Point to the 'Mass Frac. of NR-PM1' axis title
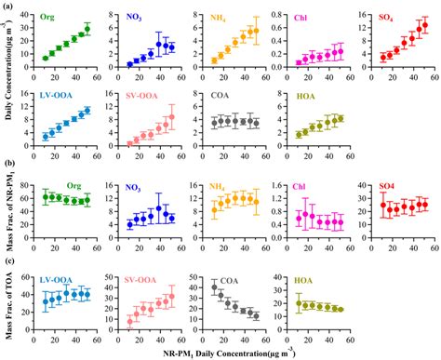(9, 209)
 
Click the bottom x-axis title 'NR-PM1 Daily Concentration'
(220, 351)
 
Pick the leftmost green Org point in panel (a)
(46, 58)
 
